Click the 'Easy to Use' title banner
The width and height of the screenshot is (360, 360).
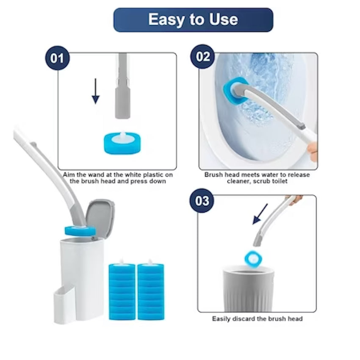pos(193,20)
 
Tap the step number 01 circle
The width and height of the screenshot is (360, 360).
pos(58,58)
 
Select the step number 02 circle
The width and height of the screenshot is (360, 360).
pos(203,56)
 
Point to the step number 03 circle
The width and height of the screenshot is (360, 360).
pos(202,201)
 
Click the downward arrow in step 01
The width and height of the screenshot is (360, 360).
pos(96,91)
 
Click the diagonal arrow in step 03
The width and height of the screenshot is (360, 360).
pos(260,214)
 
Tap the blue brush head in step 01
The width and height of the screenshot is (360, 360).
pos(122,143)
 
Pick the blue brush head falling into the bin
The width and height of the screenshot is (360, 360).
pos(253,258)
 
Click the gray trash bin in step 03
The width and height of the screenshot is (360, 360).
pos(249,288)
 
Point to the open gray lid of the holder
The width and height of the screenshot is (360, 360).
pos(100,216)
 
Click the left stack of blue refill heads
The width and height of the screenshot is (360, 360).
pos(122,291)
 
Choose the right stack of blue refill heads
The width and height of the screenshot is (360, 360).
pos(151,291)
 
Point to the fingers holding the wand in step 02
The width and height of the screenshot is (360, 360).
pos(313,151)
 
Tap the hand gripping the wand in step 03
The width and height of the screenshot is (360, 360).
pos(294,200)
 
